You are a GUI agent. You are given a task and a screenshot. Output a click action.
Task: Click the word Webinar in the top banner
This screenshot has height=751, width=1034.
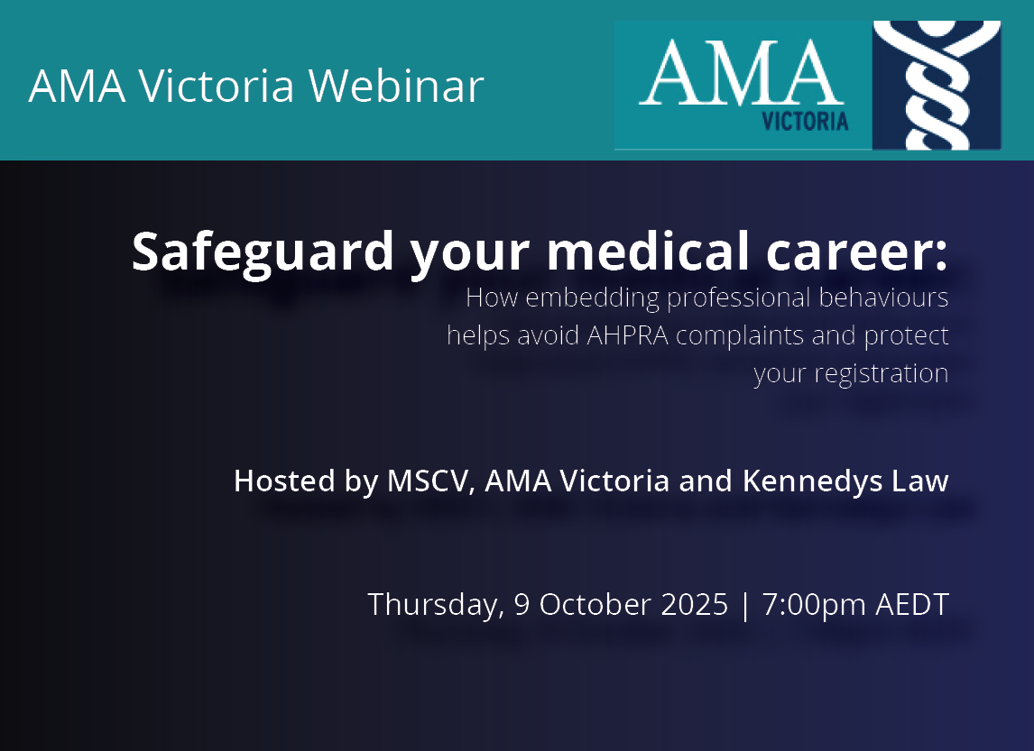click(x=396, y=86)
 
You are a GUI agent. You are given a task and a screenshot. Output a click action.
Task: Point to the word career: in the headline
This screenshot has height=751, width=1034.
click(x=856, y=253)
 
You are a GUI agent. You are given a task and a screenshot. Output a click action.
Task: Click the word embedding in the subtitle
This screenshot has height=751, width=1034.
click(x=592, y=298)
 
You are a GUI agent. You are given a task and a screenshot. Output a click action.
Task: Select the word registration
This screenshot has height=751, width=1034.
click(x=881, y=374)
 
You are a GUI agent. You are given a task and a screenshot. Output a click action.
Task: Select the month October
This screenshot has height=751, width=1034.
click(x=595, y=605)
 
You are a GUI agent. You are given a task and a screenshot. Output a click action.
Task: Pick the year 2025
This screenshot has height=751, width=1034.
click(x=695, y=605)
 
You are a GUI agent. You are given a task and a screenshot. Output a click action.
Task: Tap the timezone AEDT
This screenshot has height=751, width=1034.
click(x=912, y=605)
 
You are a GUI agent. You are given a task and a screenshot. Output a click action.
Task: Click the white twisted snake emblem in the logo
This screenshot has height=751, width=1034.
click(x=937, y=85)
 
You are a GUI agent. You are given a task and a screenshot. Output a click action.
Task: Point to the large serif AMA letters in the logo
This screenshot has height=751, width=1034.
click(x=742, y=72)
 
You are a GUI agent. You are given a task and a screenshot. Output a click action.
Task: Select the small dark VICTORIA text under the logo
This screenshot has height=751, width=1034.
click(x=805, y=122)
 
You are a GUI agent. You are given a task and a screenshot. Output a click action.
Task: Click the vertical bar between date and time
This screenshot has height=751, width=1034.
click(x=745, y=606)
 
